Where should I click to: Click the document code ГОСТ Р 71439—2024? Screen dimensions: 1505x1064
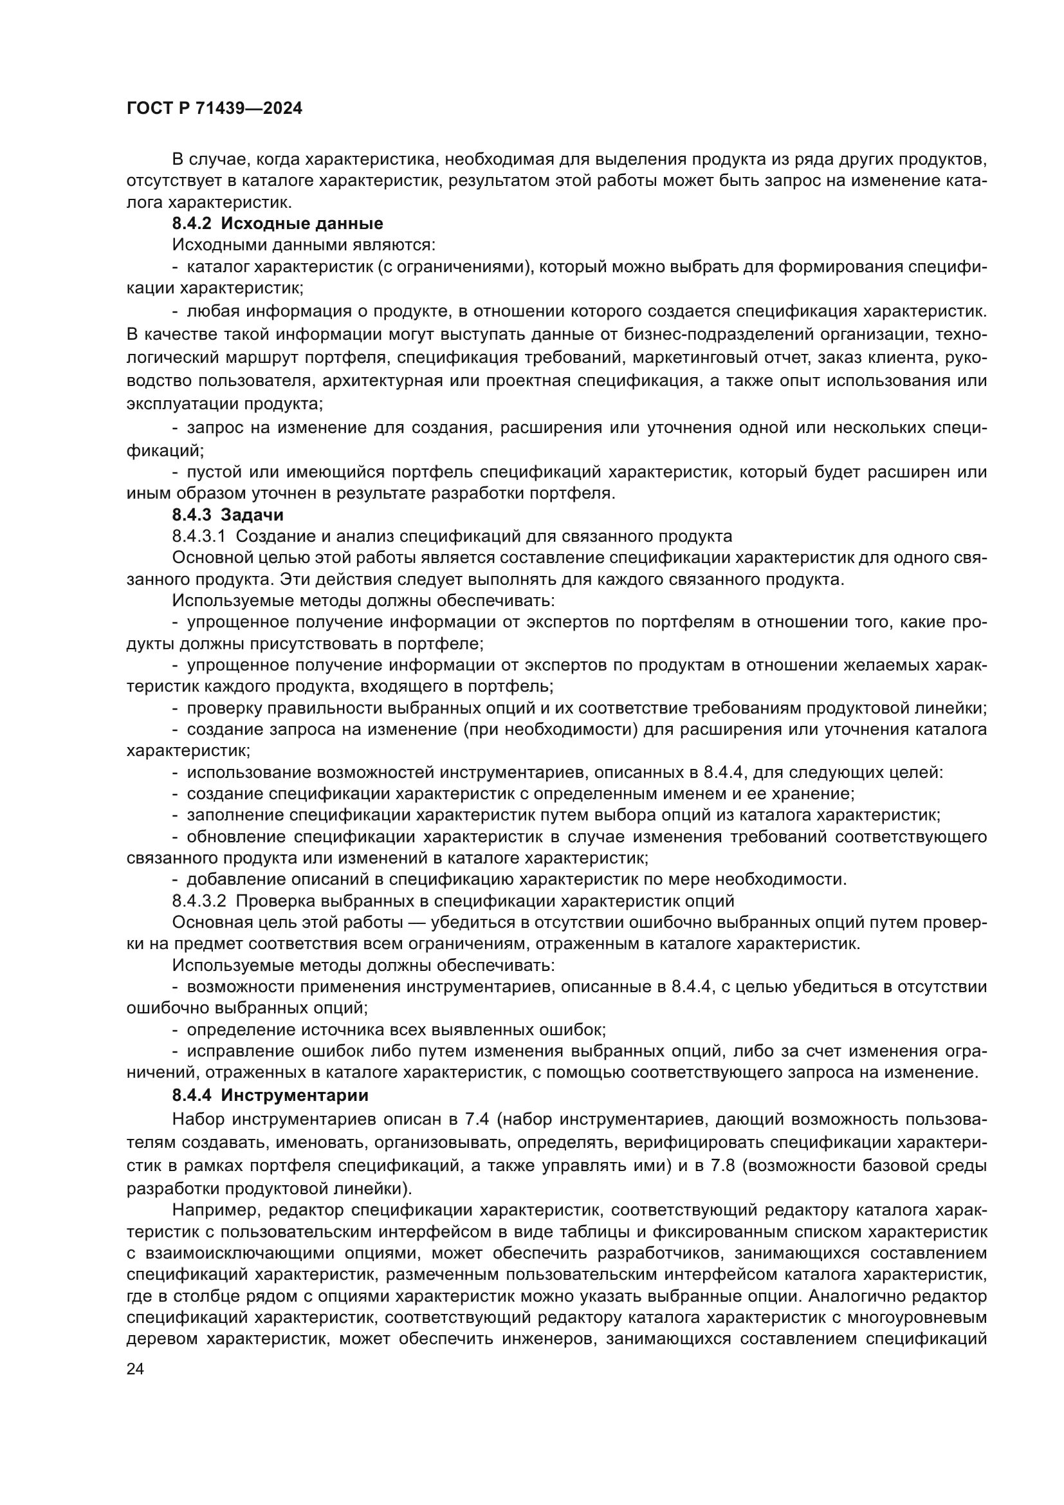[214, 109]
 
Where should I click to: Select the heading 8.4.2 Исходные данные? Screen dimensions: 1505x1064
[277, 223]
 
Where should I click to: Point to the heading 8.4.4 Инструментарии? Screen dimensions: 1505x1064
[270, 1095]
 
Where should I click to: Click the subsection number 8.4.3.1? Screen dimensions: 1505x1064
[199, 536]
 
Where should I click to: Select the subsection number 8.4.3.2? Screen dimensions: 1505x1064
[199, 901]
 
